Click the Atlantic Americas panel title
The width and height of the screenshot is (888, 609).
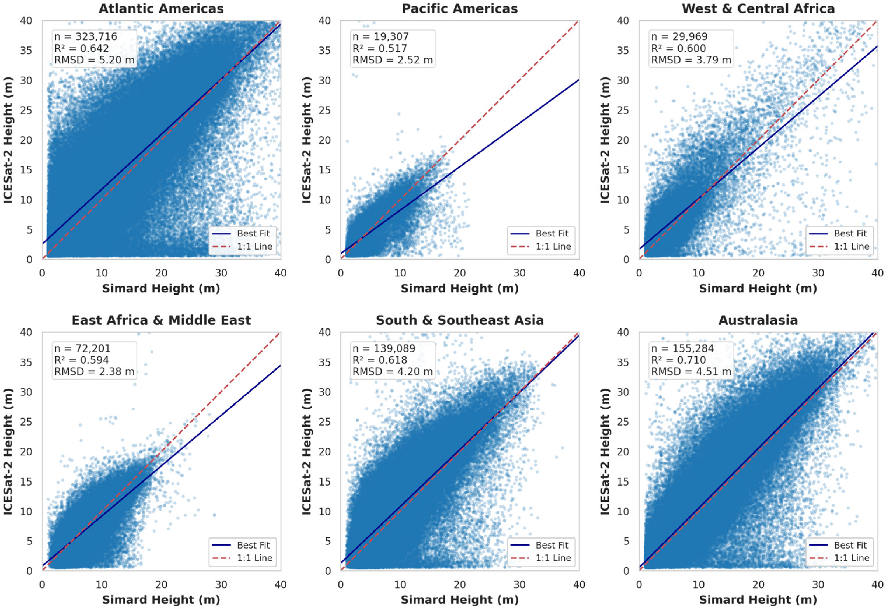pos(161,8)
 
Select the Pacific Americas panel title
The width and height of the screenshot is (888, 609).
pos(460,8)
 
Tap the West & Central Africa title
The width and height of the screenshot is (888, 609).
pos(758,8)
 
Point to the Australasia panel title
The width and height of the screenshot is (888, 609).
pos(758,320)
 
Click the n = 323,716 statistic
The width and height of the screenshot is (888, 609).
pos(85,37)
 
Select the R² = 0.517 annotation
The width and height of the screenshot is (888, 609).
pos(380,48)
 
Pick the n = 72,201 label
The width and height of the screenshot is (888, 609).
pos(82,348)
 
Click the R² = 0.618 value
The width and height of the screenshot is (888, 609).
pos(380,360)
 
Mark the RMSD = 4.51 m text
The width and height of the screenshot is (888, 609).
pos(691,372)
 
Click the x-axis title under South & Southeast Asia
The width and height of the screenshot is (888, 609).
pos(460,599)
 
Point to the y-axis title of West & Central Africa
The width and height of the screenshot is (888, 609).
pos(604,140)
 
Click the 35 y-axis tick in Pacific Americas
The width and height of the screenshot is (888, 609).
pos(324,51)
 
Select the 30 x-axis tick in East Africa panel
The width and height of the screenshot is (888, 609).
pos(221,584)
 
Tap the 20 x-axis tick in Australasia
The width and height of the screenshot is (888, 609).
pos(758,584)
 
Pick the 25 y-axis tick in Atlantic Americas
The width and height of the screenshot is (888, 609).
pos(26,110)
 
